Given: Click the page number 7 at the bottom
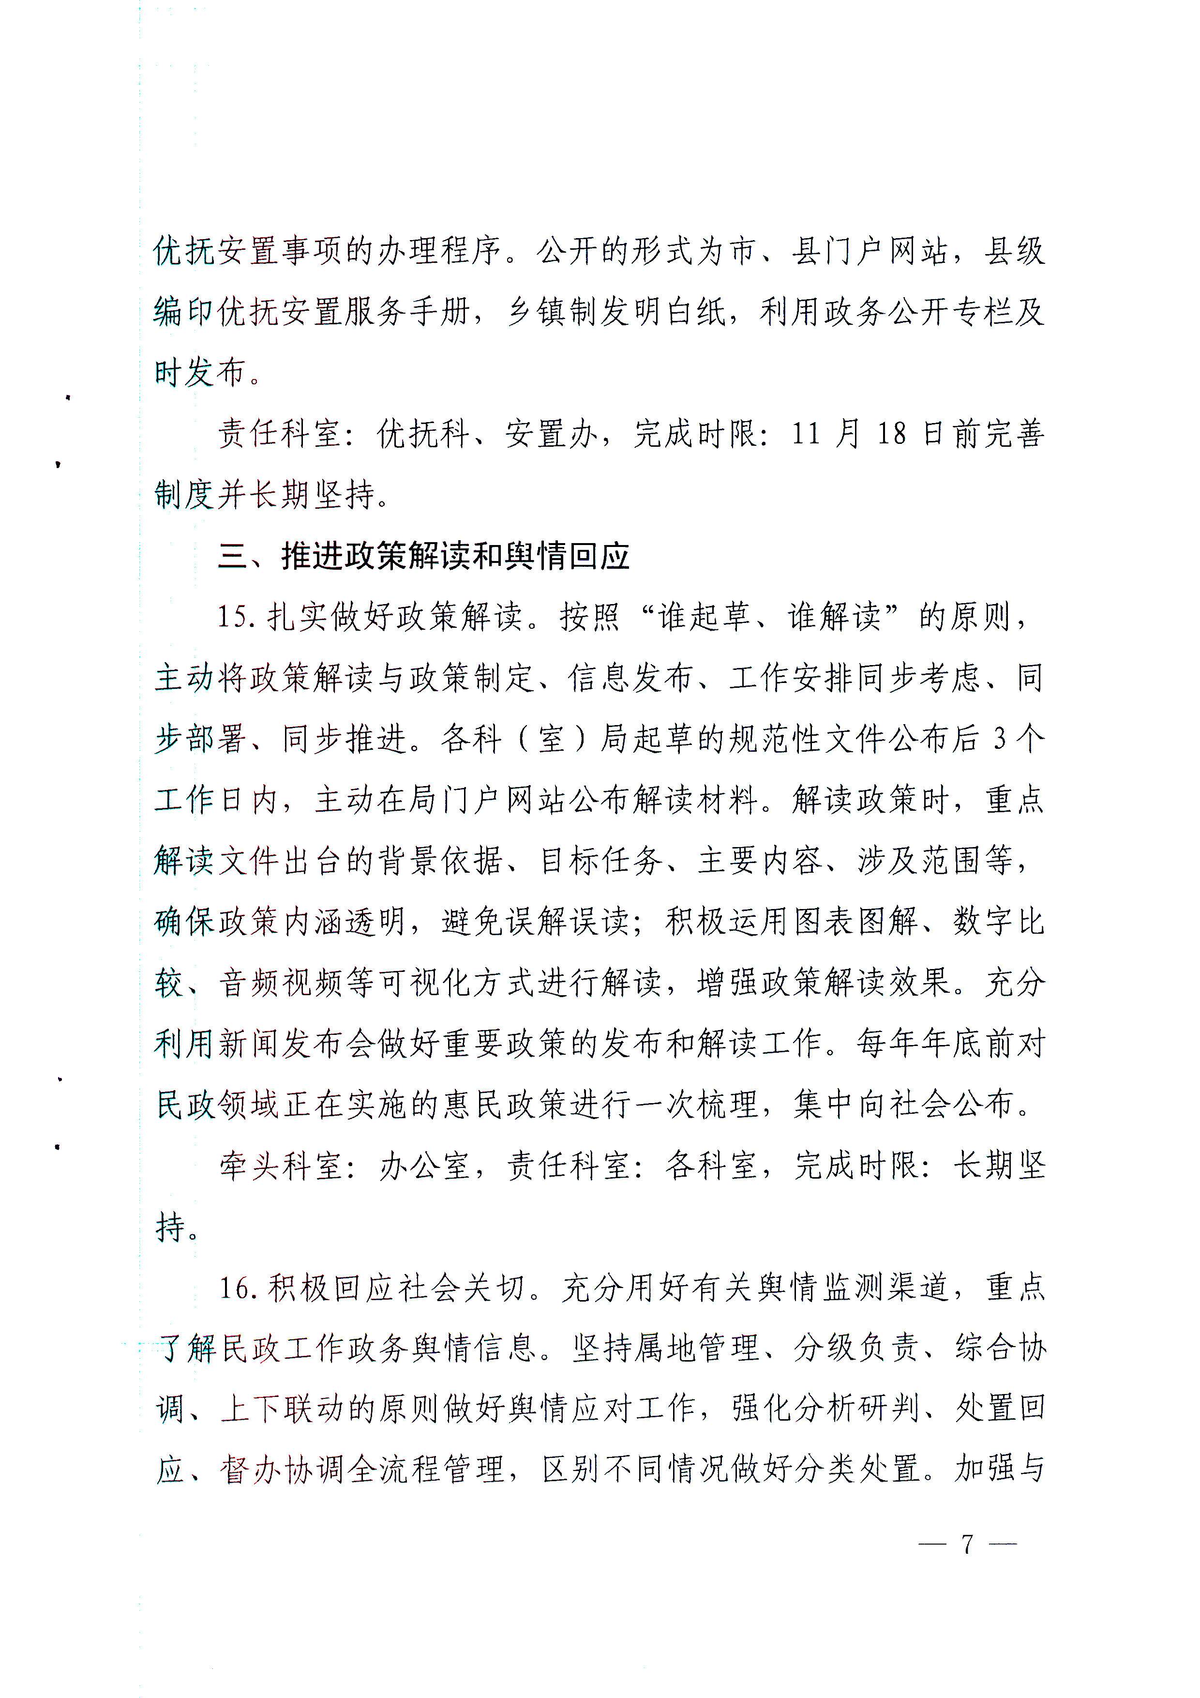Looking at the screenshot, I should point(967,1544).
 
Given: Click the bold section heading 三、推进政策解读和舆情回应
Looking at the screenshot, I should point(423,557).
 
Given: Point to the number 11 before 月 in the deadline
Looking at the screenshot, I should point(806,433).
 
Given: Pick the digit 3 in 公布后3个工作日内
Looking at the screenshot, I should point(1000,739).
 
